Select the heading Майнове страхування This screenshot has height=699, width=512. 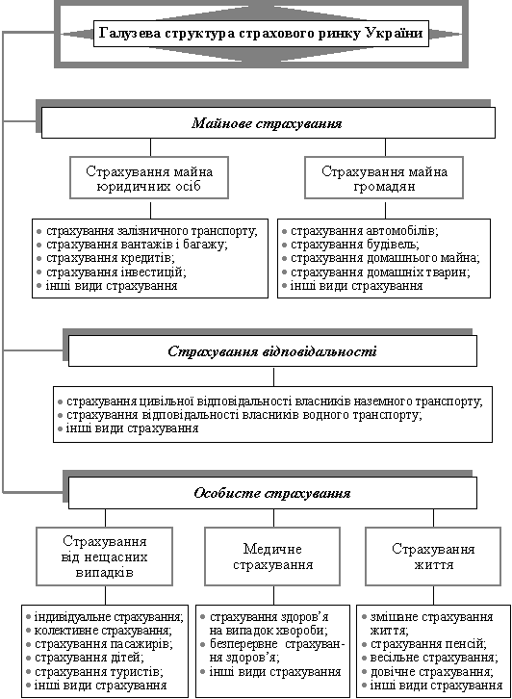coord(267,123)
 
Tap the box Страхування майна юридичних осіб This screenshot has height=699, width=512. coord(149,177)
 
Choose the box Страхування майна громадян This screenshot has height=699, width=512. coord(384,177)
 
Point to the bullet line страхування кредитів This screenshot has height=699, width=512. coord(111,258)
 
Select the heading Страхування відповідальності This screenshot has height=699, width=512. coord(272,351)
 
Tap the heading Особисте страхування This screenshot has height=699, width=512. coord(272,493)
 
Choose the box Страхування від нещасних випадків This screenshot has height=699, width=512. coord(104,557)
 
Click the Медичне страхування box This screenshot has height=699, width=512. coord(272,557)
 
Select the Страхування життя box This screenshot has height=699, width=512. coord(434,557)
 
